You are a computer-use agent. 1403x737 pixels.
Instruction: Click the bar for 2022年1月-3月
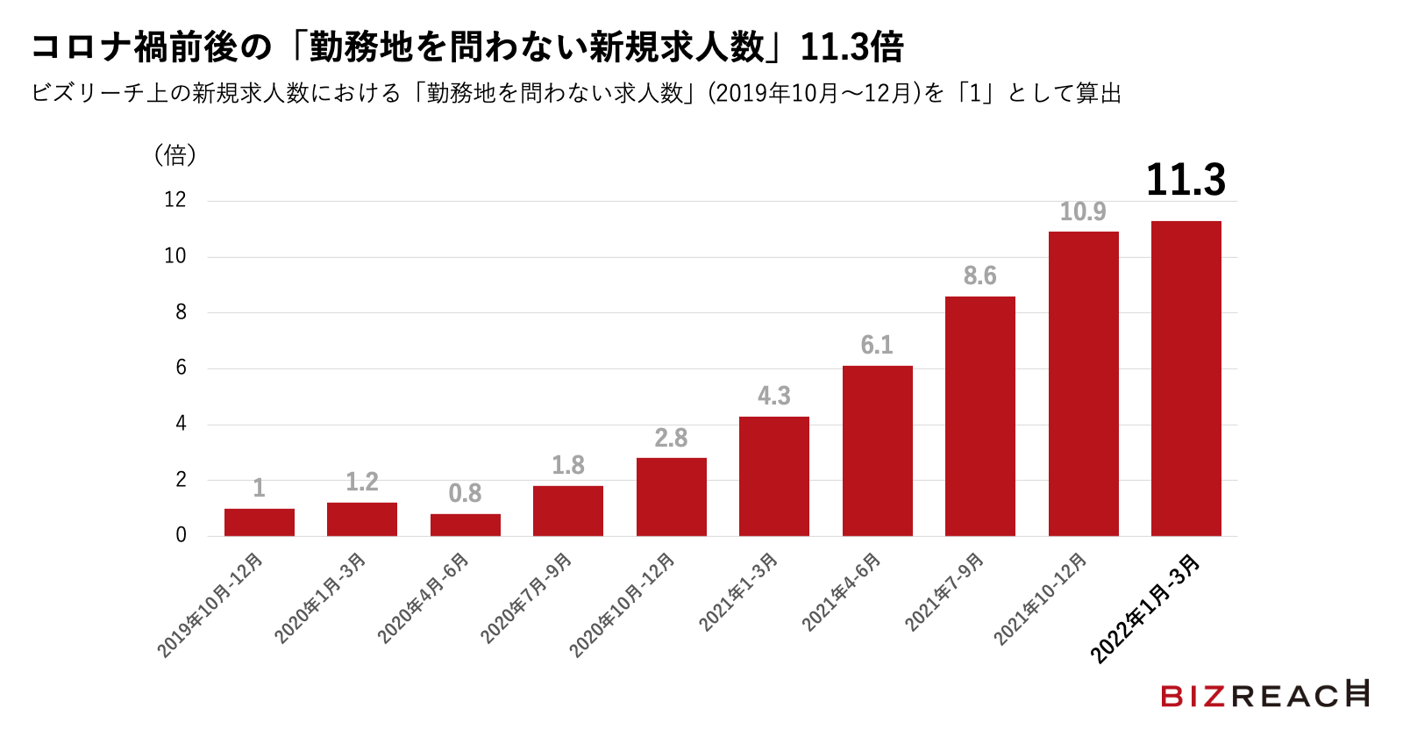[1186, 378]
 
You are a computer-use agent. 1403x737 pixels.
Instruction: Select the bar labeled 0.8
[465, 525]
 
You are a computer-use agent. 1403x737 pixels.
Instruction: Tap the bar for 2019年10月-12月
[259, 522]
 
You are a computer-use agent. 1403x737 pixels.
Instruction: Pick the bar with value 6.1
[877, 450]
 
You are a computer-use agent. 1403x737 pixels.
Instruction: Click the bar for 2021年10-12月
[1083, 383]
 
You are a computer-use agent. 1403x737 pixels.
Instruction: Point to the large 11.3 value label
[1186, 180]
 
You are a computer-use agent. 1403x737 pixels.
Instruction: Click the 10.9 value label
[1083, 211]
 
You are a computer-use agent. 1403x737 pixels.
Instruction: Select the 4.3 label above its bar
[774, 396]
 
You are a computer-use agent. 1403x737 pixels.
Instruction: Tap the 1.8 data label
[567, 465]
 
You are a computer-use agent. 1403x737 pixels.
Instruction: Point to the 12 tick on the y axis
[175, 200]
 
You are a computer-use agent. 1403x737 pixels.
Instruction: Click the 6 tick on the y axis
[181, 368]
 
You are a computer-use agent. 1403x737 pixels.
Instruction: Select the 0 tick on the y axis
[181, 535]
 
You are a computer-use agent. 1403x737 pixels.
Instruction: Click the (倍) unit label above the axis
[175, 155]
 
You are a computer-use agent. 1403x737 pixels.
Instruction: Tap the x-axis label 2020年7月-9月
[527, 598]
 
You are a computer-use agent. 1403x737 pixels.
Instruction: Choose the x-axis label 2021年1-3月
[738, 592]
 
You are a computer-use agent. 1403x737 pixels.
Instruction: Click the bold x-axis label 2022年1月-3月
[1144, 609]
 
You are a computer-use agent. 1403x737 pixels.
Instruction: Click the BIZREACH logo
[1264, 695]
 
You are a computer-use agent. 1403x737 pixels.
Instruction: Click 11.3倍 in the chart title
[851, 47]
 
